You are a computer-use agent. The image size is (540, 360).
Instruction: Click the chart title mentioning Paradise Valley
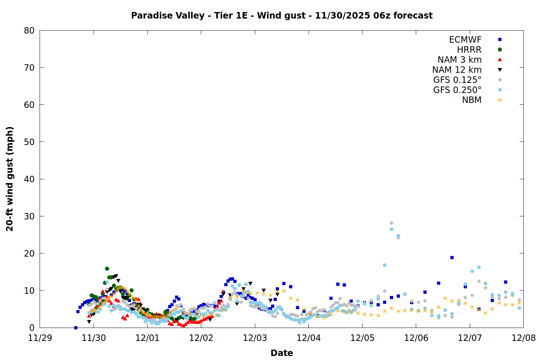click(x=282, y=15)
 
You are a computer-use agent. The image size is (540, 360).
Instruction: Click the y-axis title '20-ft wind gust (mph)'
click(x=10, y=179)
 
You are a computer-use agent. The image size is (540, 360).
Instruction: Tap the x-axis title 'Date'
click(x=282, y=353)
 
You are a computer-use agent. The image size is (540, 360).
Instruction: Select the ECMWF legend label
click(x=465, y=40)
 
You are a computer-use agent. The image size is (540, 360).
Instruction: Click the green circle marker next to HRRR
click(x=500, y=50)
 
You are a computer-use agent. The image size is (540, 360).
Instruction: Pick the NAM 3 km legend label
click(x=459, y=60)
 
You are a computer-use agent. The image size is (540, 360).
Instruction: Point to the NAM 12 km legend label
click(x=457, y=70)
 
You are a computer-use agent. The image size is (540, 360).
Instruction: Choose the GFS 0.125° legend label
click(x=457, y=80)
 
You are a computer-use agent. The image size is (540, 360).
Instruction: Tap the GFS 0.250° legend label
click(x=457, y=90)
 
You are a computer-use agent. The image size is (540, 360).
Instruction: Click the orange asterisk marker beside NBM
click(x=500, y=100)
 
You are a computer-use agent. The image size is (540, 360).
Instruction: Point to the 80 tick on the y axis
click(x=29, y=31)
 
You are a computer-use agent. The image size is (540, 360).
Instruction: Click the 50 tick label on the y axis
click(x=29, y=142)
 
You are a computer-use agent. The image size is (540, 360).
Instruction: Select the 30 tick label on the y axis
click(x=29, y=216)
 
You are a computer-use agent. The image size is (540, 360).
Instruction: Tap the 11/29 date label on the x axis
click(x=40, y=338)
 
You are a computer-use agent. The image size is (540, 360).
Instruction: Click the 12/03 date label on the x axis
click(x=255, y=338)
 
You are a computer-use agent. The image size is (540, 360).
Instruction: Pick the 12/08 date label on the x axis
click(x=523, y=338)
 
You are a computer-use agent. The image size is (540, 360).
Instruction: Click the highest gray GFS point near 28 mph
click(x=391, y=223)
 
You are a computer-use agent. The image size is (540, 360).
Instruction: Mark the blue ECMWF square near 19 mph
click(x=452, y=258)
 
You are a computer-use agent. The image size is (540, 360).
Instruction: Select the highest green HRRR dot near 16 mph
click(x=107, y=269)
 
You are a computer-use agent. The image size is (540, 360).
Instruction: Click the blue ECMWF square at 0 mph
click(x=76, y=328)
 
